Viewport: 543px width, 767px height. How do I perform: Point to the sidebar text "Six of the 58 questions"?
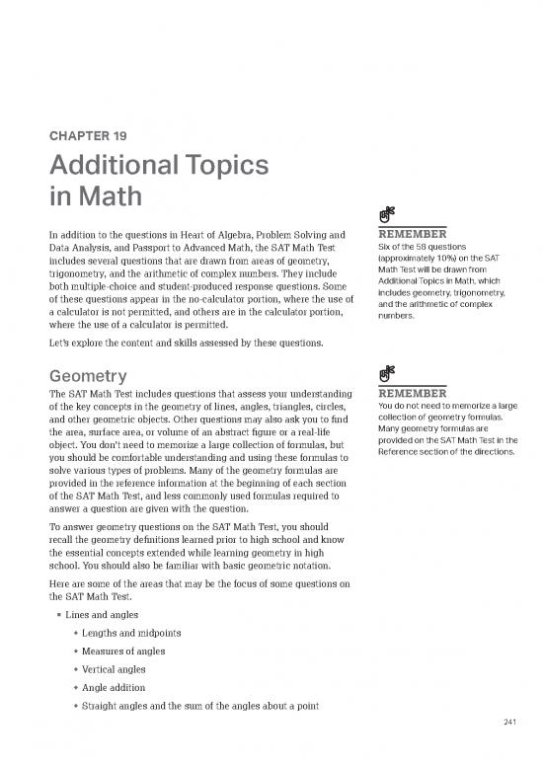click(x=429, y=247)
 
